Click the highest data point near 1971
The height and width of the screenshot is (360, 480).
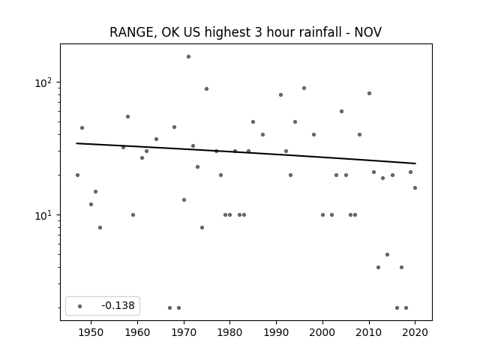point(188,57)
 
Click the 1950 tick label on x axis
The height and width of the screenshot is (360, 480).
point(91,332)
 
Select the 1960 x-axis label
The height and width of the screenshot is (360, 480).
point(137,332)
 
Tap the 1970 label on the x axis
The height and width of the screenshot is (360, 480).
point(184,332)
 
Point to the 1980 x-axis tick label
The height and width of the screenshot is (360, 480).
point(230,332)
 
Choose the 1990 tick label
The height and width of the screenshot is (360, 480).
point(277,332)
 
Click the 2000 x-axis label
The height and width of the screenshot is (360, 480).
point(322,332)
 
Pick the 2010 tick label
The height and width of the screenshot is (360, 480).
point(369,332)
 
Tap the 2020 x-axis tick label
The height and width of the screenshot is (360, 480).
point(415,332)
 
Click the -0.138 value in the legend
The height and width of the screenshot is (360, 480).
point(118,305)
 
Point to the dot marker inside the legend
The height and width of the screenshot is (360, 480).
point(80,306)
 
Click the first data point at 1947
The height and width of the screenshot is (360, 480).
point(78,175)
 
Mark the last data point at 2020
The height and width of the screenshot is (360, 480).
point(415,188)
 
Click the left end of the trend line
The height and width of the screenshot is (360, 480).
point(76,143)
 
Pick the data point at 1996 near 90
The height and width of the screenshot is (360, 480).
point(304,88)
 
